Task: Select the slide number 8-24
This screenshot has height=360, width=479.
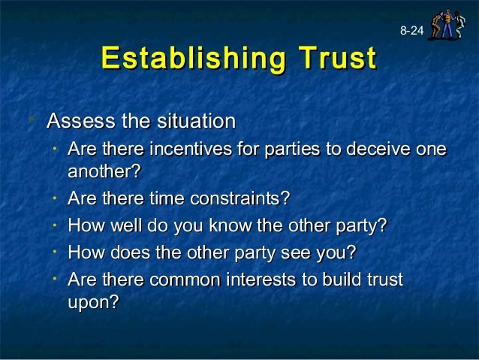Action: (x=411, y=31)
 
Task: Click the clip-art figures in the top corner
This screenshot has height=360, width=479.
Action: (x=444, y=24)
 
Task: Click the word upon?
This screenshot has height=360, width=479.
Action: (x=94, y=302)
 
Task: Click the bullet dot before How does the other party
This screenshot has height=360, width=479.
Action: (x=56, y=252)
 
